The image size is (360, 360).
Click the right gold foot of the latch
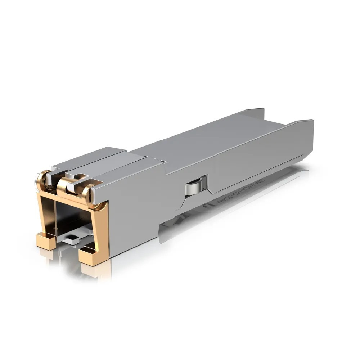[x=93, y=256]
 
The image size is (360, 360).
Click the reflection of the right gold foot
[x=95, y=272]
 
